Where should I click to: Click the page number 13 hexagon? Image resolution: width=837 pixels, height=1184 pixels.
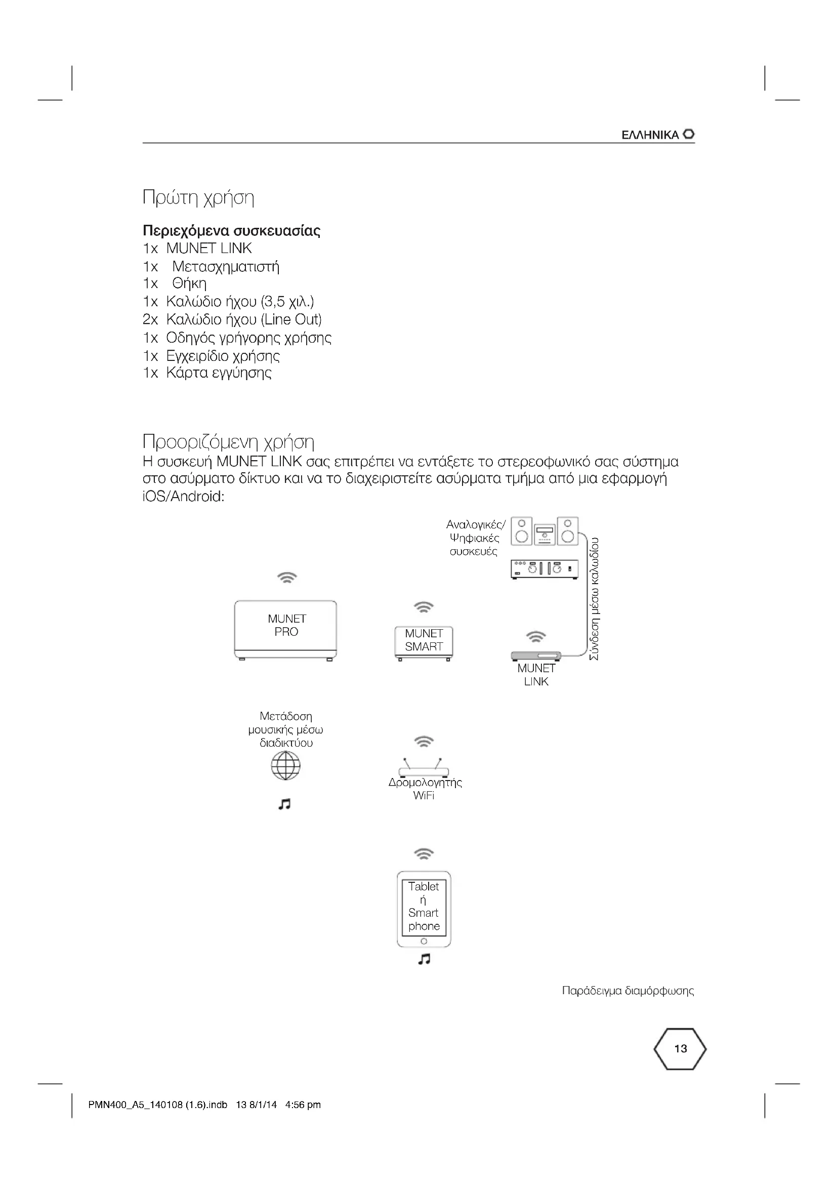click(x=680, y=1048)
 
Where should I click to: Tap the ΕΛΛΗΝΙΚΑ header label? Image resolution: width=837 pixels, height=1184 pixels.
click(x=650, y=135)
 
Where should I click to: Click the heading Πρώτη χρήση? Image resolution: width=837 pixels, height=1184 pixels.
click(x=198, y=197)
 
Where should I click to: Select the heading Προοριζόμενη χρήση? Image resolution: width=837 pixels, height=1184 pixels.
click(x=228, y=441)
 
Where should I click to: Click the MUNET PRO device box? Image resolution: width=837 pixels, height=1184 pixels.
click(x=285, y=629)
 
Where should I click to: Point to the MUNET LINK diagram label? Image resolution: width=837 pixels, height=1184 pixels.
click(x=536, y=674)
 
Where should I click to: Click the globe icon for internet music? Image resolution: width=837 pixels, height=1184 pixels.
click(x=285, y=765)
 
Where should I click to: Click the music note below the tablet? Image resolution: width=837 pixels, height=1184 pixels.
click(x=424, y=959)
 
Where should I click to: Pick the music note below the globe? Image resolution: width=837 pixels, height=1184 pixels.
click(x=284, y=804)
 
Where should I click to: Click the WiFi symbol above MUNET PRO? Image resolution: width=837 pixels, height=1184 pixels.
click(x=287, y=577)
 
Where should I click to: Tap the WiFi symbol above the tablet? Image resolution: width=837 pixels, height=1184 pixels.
click(x=424, y=853)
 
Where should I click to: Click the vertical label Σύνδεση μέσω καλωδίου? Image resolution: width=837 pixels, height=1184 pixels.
click(x=594, y=599)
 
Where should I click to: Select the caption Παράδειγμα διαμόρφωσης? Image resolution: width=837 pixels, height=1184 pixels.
click(x=627, y=991)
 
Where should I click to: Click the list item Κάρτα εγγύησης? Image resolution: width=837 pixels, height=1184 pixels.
click(x=219, y=373)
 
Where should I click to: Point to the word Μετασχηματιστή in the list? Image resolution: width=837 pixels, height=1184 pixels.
click(x=226, y=267)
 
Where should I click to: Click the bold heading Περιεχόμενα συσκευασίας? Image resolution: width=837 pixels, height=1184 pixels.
click(x=231, y=230)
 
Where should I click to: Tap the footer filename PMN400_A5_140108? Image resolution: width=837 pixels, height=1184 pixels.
click(x=158, y=1105)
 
